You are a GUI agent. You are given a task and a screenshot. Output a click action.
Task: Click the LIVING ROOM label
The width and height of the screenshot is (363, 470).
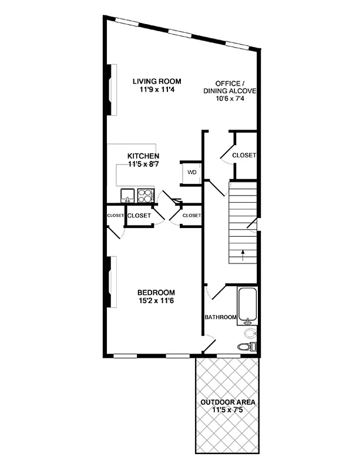(156, 82)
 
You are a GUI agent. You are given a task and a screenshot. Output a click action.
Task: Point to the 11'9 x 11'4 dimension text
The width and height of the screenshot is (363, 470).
(156, 90)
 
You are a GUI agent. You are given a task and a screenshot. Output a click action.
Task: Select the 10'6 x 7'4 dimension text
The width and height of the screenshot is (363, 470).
(230, 99)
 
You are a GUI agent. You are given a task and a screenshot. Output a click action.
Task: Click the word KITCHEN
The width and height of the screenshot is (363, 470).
(143, 156)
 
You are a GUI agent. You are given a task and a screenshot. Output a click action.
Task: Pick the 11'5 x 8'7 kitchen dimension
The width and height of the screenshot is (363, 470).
(143, 164)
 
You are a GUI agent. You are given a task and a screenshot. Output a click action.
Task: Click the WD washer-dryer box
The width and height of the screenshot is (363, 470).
(191, 173)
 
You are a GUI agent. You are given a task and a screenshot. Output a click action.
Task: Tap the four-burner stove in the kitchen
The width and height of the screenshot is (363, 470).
(145, 196)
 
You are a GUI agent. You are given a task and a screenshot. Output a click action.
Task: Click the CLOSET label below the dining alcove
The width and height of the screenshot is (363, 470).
(244, 155)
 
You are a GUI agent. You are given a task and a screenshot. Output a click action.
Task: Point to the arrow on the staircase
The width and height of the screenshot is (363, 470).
(242, 254)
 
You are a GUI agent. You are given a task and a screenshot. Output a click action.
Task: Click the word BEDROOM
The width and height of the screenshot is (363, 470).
(156, 293)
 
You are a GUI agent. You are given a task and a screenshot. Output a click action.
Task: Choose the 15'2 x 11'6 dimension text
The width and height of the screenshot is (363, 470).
(156, 301)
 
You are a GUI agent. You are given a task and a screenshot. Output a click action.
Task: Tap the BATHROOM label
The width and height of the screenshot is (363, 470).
(220, 317)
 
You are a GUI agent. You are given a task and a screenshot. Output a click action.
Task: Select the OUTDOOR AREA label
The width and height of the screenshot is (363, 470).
(228, 402)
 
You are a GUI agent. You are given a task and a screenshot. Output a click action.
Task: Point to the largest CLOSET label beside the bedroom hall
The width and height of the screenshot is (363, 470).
(139, 216)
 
